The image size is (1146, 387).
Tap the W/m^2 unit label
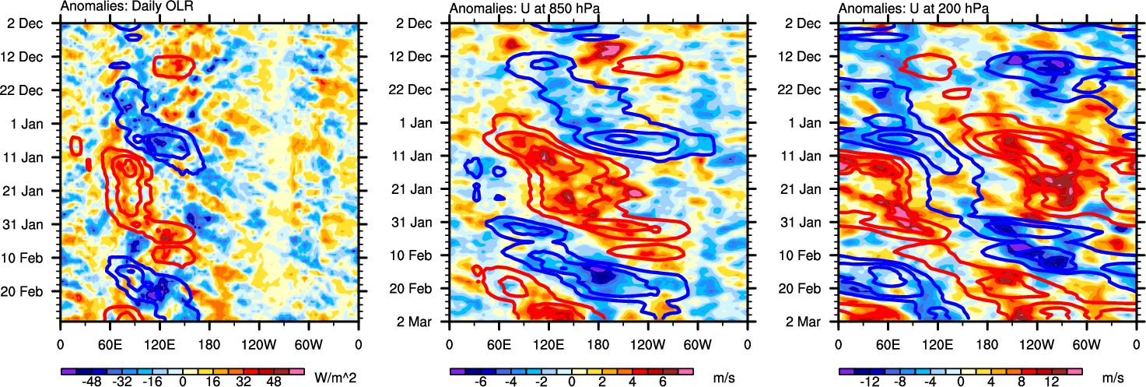[335, 378]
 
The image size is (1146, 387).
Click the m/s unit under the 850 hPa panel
[724, 378]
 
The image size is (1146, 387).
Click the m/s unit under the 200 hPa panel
[1113, 378]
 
